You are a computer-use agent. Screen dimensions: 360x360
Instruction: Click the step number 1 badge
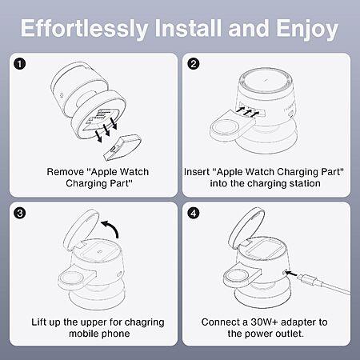(20, 64)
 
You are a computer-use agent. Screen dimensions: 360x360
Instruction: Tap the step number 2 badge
(194, 64)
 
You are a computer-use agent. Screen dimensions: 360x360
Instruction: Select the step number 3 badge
(20, 214)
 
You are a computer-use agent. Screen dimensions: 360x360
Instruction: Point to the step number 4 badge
(194, 214)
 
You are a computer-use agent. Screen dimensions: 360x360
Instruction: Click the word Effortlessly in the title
(84, 29)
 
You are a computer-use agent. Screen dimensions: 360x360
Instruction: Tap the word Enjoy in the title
(307, 29)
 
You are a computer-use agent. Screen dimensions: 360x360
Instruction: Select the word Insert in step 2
(197, 172)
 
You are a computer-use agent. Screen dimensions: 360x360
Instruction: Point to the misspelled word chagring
(144, 322)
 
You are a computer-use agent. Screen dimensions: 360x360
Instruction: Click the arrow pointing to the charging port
(291, 273)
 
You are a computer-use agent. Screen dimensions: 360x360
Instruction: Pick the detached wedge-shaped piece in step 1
(122, 148)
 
